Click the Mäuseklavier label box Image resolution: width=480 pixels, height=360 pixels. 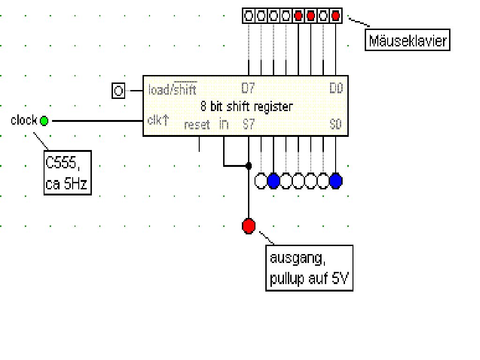coord(407,41)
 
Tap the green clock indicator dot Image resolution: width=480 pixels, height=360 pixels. coord(44,121)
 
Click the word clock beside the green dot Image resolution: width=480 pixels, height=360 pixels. coord(24,120)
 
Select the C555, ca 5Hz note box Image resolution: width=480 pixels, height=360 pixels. coord(67,172)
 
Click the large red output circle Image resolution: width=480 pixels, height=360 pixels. coord(248,226)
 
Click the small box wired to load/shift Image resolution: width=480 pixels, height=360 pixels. coord(119,90)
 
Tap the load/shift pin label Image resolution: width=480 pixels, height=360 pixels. coord(172,89)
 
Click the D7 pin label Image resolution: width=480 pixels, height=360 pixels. coord(247,88)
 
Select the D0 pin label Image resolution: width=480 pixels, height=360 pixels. coord(337,88)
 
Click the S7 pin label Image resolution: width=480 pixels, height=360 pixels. coord(248,125)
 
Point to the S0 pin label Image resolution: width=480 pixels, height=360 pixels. coord(336,125)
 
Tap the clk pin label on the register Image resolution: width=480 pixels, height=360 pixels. coord(157,120)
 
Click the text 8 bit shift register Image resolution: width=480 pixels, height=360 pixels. coord(246,106)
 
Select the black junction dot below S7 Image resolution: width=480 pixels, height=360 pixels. coord(248,165)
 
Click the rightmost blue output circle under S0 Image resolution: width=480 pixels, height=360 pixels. coord(336,181)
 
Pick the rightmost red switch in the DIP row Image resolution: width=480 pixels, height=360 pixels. coord(336,16)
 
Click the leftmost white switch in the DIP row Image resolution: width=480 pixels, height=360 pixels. coord(248,16)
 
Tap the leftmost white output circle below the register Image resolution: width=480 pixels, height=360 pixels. coord(261,181)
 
